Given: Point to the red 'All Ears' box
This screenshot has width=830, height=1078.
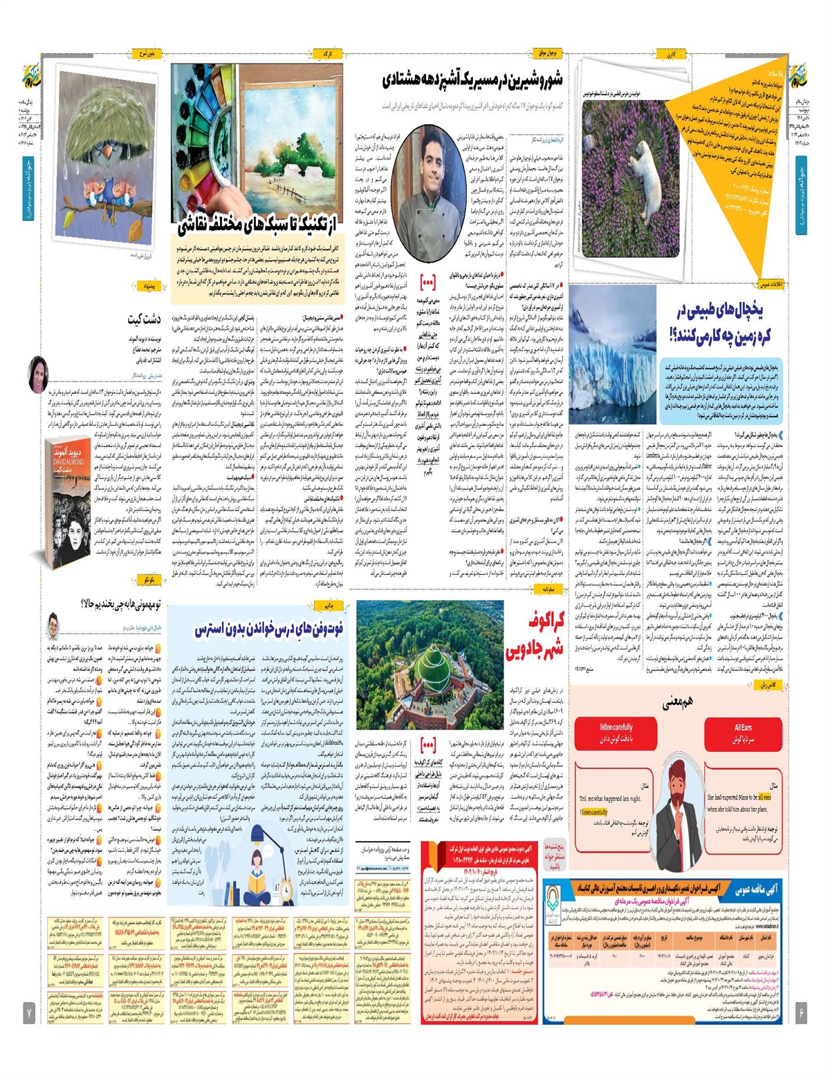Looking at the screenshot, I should tap(743, 732).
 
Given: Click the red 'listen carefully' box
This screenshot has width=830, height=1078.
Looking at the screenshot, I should tap(616, 732).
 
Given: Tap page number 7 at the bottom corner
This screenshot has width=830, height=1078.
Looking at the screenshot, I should tap(30, 1013).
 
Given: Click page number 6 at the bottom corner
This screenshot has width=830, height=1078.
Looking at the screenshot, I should tap(801, 1013).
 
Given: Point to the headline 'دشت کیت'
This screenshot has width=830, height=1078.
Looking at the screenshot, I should tap(144, 319).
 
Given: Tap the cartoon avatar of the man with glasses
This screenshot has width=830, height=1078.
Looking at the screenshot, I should tap(53, 626).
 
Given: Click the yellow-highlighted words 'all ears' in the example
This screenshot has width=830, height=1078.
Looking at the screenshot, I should tap(764, 797).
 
